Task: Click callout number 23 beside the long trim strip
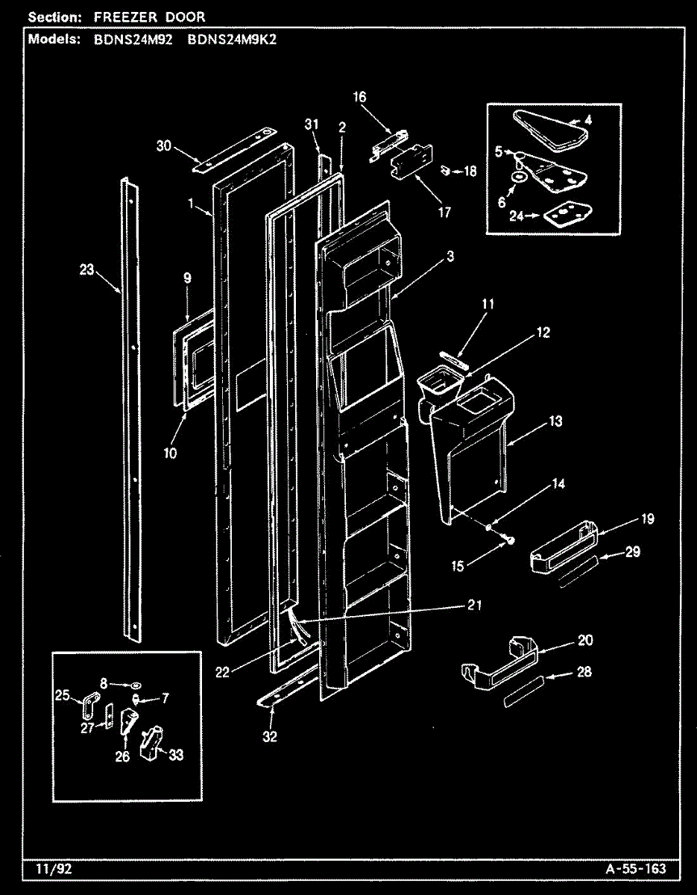coord(87,270)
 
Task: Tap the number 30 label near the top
coord(163,146)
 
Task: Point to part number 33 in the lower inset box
coord(175,755)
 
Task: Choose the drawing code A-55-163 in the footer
coord(636,869)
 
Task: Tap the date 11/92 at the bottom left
coord(48,869)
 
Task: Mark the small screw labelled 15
coord(510,538)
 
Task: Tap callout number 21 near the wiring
coord(474,606)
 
